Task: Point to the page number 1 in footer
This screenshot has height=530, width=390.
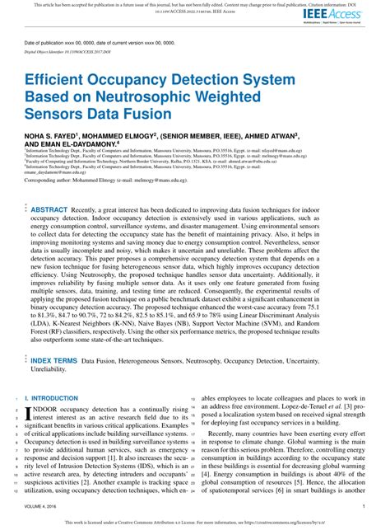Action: tap(364, 507)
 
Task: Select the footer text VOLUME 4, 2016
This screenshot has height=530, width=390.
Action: tap(42, 507)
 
